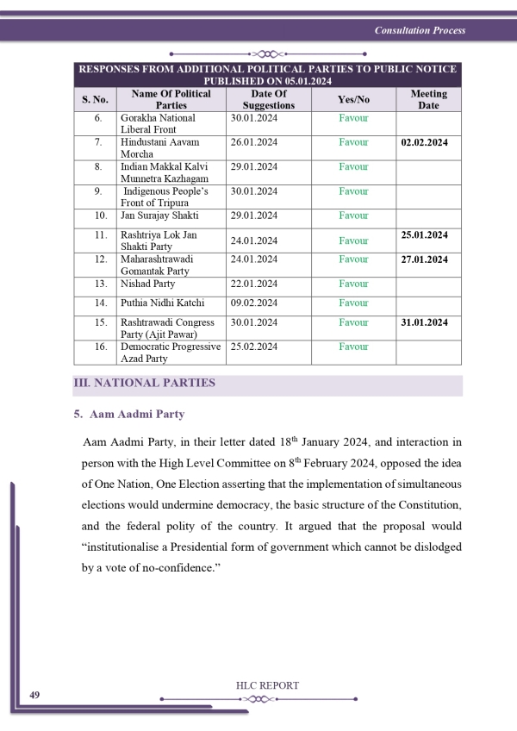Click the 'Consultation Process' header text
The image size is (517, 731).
point(420,30)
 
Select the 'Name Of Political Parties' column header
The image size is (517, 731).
point(171,99)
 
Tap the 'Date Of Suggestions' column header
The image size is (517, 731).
point(268,99)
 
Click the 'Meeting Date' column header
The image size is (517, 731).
point(428,99)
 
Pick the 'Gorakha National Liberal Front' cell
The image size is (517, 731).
point(158,123)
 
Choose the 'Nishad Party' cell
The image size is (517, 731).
point(147,284)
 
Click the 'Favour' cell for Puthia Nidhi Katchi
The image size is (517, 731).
point(352,303)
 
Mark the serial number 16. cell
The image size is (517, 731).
point(99,347)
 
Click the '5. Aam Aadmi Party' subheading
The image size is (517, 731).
point(129,415)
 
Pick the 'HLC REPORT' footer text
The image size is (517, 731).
point(267,685)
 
